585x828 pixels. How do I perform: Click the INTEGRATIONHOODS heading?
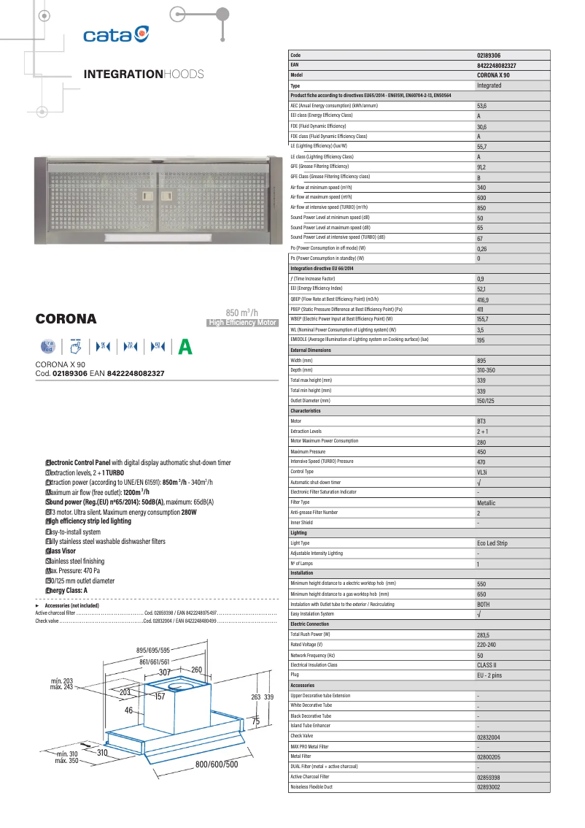tap(144, 74)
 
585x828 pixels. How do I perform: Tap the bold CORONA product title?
tap(66, 319)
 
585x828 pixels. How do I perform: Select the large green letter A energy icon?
tap(185, 347)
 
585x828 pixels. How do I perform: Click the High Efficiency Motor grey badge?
tap(243, 323)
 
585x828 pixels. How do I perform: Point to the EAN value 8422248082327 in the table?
tap(501, 65)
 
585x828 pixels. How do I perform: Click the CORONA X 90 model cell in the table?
tap(494, 75)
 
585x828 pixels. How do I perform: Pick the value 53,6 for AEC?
tap(482, 106)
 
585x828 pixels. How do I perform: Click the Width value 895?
tap(482, 361)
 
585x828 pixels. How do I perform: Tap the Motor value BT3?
tap(482, 421)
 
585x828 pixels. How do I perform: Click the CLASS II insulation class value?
tap(487, 666)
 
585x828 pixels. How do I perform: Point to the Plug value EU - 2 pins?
tap(489, 675)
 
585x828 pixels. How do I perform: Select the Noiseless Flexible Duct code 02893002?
tap(489, 787)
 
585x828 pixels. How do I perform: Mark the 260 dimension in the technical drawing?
tap(196, 670)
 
